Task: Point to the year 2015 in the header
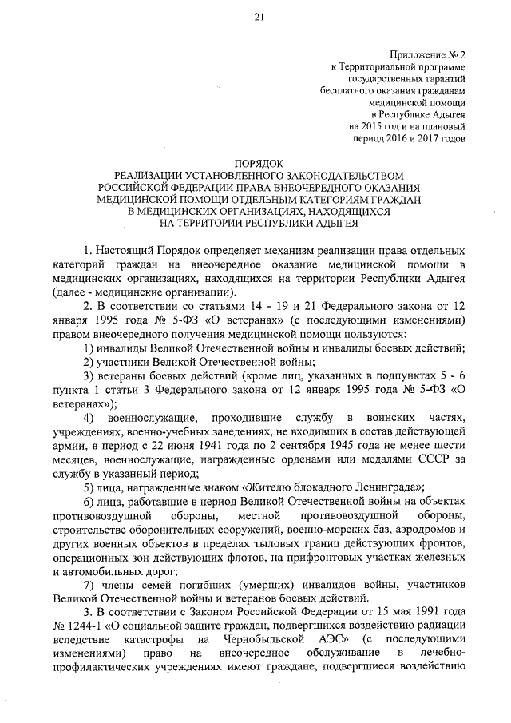pyautogui.click(x=374, y=126)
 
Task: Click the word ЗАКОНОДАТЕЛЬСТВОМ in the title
pyautogui.click(x=329, y=175)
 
